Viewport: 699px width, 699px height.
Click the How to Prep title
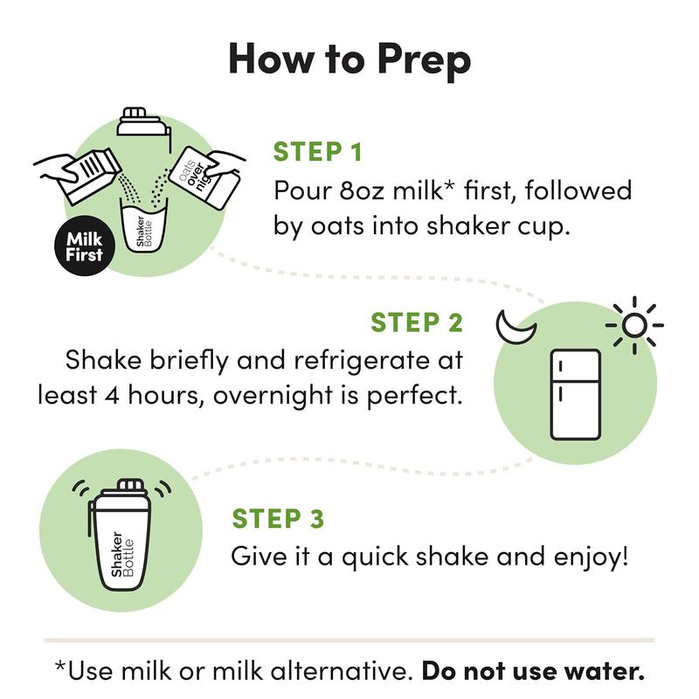click(349, 59)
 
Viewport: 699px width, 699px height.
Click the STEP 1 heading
click(318, 151)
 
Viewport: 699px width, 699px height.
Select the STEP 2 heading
click(417, 322)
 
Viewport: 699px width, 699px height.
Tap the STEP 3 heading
click(278, 518)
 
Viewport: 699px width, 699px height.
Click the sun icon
click(634, 326)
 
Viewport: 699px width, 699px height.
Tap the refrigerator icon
click(574, 393)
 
